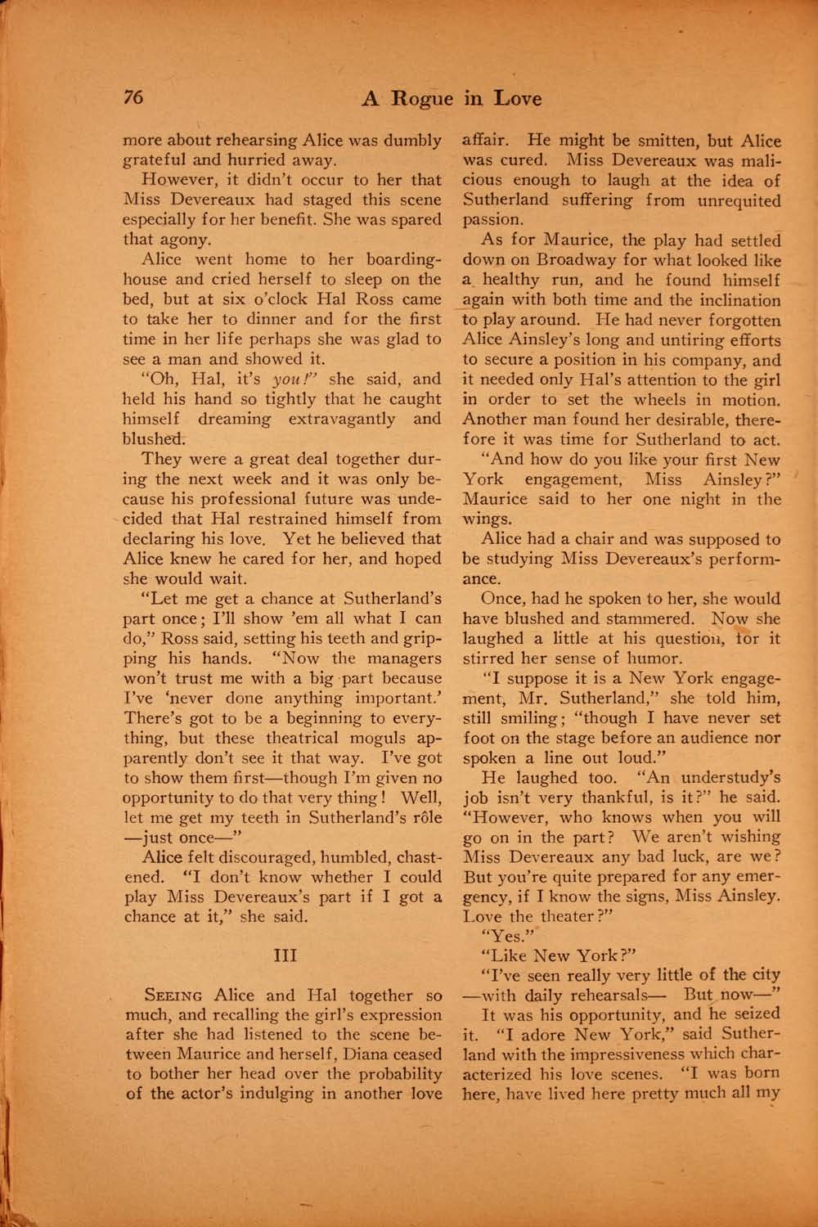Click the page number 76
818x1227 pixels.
133,97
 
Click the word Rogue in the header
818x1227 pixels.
421,99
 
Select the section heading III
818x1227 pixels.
282,955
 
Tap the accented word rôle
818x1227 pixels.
425,816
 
